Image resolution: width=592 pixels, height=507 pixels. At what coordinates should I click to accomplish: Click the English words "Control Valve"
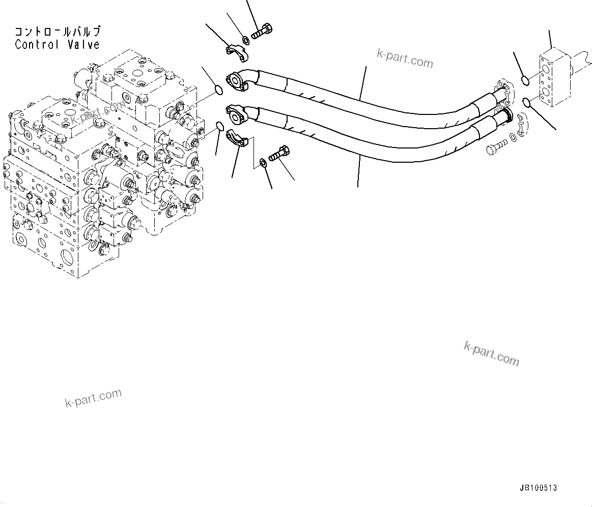57,45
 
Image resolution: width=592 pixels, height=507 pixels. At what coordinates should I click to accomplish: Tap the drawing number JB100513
538,488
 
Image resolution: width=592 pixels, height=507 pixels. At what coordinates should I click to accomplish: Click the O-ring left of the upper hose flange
218,91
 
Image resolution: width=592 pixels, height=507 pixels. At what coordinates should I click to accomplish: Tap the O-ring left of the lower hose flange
219,126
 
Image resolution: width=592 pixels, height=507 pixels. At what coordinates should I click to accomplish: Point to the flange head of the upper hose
237,81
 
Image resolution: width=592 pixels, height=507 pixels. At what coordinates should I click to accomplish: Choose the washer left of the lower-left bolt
262,162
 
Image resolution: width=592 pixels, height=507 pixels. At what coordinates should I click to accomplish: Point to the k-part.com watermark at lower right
491,353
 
